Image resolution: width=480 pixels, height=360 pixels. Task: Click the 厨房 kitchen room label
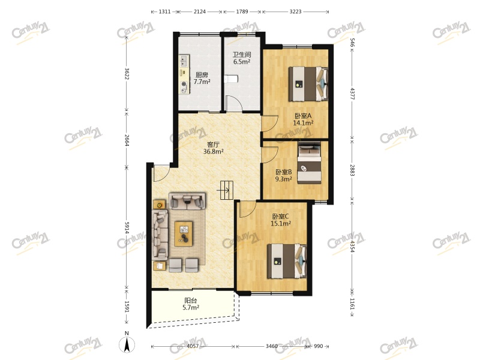pos(202,75)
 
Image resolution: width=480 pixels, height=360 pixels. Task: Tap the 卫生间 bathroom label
pos(241,54)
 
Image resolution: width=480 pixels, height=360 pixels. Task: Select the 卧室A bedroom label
pos(303,116)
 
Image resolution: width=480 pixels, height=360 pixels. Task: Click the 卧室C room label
pos(280,217)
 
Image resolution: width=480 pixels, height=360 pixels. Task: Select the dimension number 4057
pos(193,347)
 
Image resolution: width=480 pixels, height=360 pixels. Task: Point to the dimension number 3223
pos(295,11)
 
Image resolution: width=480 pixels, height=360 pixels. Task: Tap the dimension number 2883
pos(353,170)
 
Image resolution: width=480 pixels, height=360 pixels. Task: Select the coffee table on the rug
pos(184,233)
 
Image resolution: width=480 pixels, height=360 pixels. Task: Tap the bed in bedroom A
pos(308,85)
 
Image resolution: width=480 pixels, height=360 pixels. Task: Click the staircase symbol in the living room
pos(226,190)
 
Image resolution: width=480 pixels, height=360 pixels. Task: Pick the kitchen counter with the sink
pos(184,74)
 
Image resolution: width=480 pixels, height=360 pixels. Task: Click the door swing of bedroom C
pos(245,208)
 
